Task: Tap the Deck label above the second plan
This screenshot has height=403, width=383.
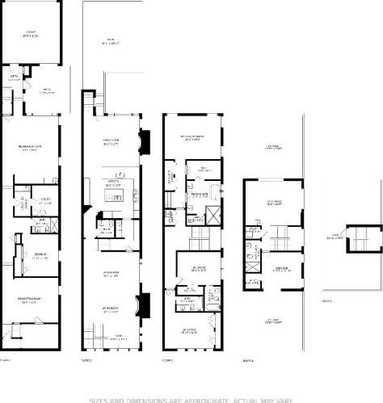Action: (x=110, y=41)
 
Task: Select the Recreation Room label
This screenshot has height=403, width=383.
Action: (x=30, y=149)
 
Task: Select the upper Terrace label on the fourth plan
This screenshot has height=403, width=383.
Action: (x=274, y=148)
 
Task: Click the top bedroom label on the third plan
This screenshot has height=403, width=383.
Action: (x=191, y=137)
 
